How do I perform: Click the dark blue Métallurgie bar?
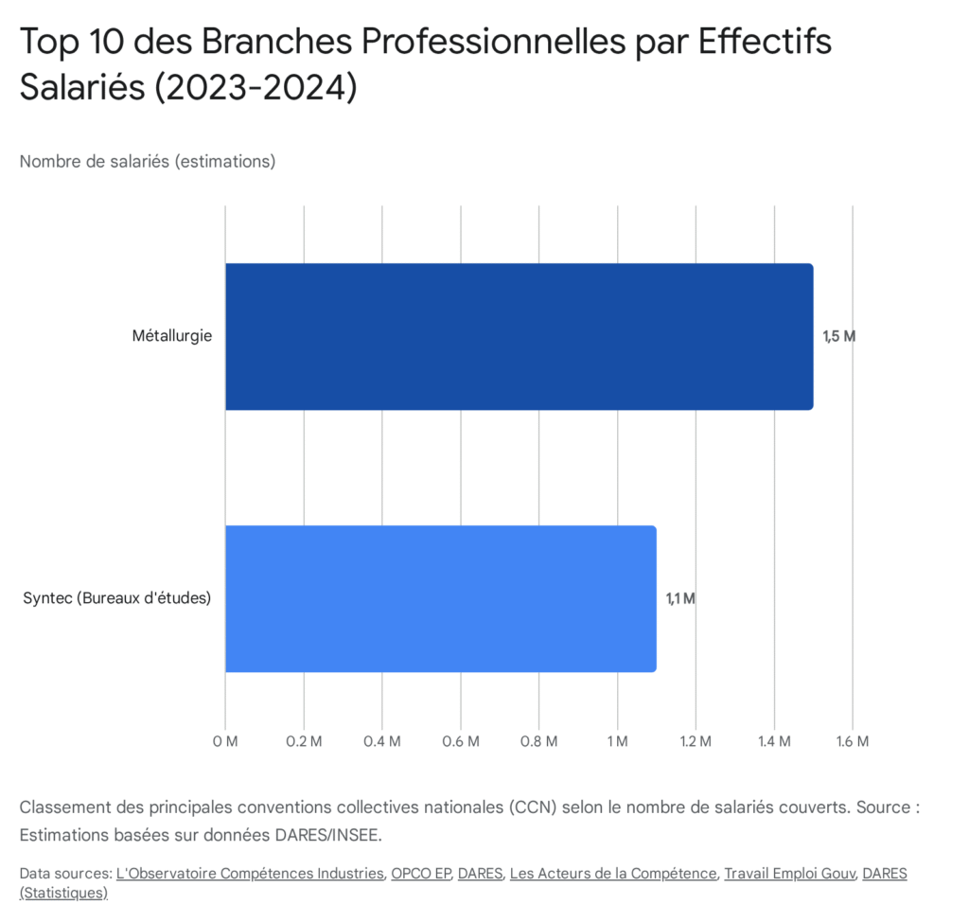(519, 336)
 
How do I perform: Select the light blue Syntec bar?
(440, 598)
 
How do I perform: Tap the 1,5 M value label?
(838, 336)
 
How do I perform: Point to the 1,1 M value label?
(680, 598)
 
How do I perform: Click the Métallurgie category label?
(172, 336)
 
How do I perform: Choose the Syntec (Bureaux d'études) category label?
(116, 598)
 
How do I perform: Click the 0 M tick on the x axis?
(225, 740)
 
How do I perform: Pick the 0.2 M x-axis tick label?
(304, 740)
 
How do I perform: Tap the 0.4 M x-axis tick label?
(382, 740)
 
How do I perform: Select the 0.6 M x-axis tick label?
(461, 740)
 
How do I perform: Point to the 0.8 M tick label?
(538, 740)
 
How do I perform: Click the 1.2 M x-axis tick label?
(696, 740)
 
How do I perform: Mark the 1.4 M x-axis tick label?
(774, 740)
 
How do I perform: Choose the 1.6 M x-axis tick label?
(853, 740)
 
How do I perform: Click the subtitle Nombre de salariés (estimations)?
(148, 161)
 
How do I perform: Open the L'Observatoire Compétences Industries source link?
(250, 873)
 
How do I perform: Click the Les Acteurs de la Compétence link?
(612, 873)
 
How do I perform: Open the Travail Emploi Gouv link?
(788, 873)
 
